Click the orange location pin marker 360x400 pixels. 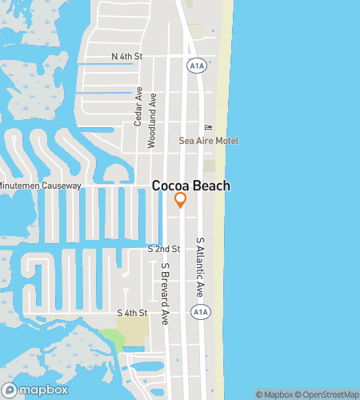181,200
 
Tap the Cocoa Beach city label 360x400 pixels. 191,186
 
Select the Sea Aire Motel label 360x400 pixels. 208,141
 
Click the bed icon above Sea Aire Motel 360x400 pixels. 209,127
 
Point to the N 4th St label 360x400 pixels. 126,56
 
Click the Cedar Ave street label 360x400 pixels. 138,106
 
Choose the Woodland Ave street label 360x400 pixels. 151,120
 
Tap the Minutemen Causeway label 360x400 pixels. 40,186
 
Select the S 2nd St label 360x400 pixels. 164,249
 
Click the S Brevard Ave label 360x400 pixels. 166,282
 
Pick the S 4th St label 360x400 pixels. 132,312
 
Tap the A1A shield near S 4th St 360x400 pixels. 197,311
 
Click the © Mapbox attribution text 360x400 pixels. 274,394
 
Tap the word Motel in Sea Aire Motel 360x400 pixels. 226,141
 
